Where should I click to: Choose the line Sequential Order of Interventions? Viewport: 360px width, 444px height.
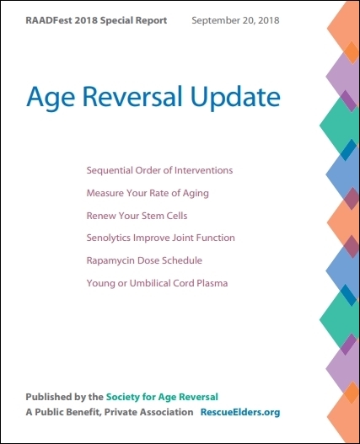click(x=159, y=170)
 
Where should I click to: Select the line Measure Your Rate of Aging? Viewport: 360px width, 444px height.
click(x=147, y=193)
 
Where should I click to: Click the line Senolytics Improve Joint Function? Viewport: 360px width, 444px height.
click(x=160, y=238)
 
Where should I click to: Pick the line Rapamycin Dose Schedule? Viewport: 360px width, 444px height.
click(x=144, y=261)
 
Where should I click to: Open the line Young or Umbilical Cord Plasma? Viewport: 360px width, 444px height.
click(x=157, y=284)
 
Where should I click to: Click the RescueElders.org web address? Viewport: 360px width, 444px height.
click(x=240, y=413)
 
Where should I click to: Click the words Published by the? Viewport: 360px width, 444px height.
click(x=64, y=397)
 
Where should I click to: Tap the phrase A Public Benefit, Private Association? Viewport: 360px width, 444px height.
click(x=108, y=413)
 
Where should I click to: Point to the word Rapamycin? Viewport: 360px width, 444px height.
click(x=111, y=261)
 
